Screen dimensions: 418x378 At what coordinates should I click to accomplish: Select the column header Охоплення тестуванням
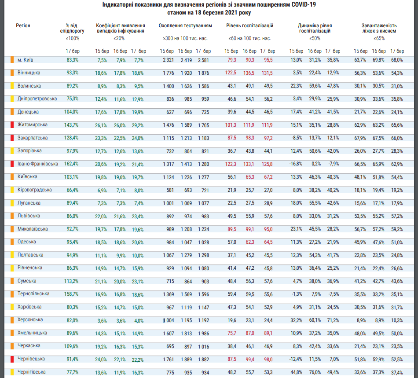(185, 26)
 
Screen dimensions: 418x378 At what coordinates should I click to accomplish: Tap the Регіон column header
(23, 26)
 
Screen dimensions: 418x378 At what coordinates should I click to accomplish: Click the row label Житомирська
(33, 125)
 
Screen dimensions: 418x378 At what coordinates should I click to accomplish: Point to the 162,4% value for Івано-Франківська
(71, 164)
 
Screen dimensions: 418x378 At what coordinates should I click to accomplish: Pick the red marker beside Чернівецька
(12, 359)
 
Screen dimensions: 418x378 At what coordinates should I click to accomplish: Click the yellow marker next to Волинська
(12, 86)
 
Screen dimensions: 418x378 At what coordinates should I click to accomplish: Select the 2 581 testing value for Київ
(203, 60)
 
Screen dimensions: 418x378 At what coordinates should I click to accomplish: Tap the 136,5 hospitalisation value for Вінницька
(249, 73)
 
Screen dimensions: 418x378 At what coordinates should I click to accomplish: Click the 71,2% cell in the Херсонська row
(333, 320)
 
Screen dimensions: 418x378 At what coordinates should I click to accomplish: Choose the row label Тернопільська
(33, 294)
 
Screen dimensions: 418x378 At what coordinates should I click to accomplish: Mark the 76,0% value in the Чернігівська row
(315, 372)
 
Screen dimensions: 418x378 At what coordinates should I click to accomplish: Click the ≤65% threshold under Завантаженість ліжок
(379, 38)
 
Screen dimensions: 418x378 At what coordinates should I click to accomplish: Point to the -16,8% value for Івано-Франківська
(296, 164)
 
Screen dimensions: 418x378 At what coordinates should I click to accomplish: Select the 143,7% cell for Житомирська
(71, 125)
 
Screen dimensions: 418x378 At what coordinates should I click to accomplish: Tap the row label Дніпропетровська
(37, 99)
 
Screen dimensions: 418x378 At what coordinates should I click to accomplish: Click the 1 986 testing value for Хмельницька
(204, 334)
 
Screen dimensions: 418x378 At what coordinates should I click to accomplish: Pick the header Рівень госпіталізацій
(250, 26)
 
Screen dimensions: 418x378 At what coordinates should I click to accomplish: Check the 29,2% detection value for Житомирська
(138, 125)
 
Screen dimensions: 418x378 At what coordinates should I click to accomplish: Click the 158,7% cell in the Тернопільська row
(71, 294)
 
